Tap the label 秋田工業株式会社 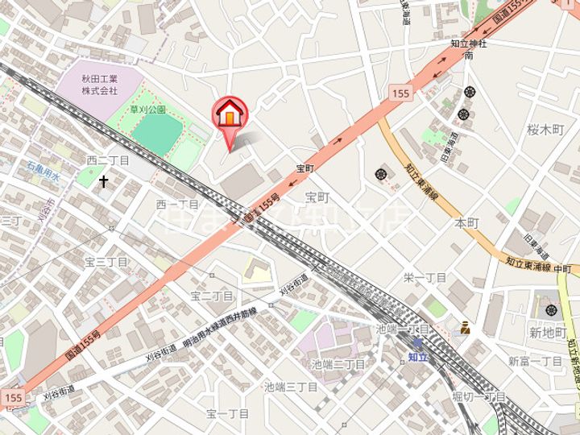click(100, 85)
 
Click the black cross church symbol click(103, 182)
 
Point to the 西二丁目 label click(108, 161)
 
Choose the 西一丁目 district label click(177, 205)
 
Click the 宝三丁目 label click(106, 263)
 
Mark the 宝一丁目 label click(227, 414)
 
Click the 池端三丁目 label click(291, 387)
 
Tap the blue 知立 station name click(417, 354)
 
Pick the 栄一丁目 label click(425, 278)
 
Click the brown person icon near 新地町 click(466, 327)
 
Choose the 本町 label click(467, 222)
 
